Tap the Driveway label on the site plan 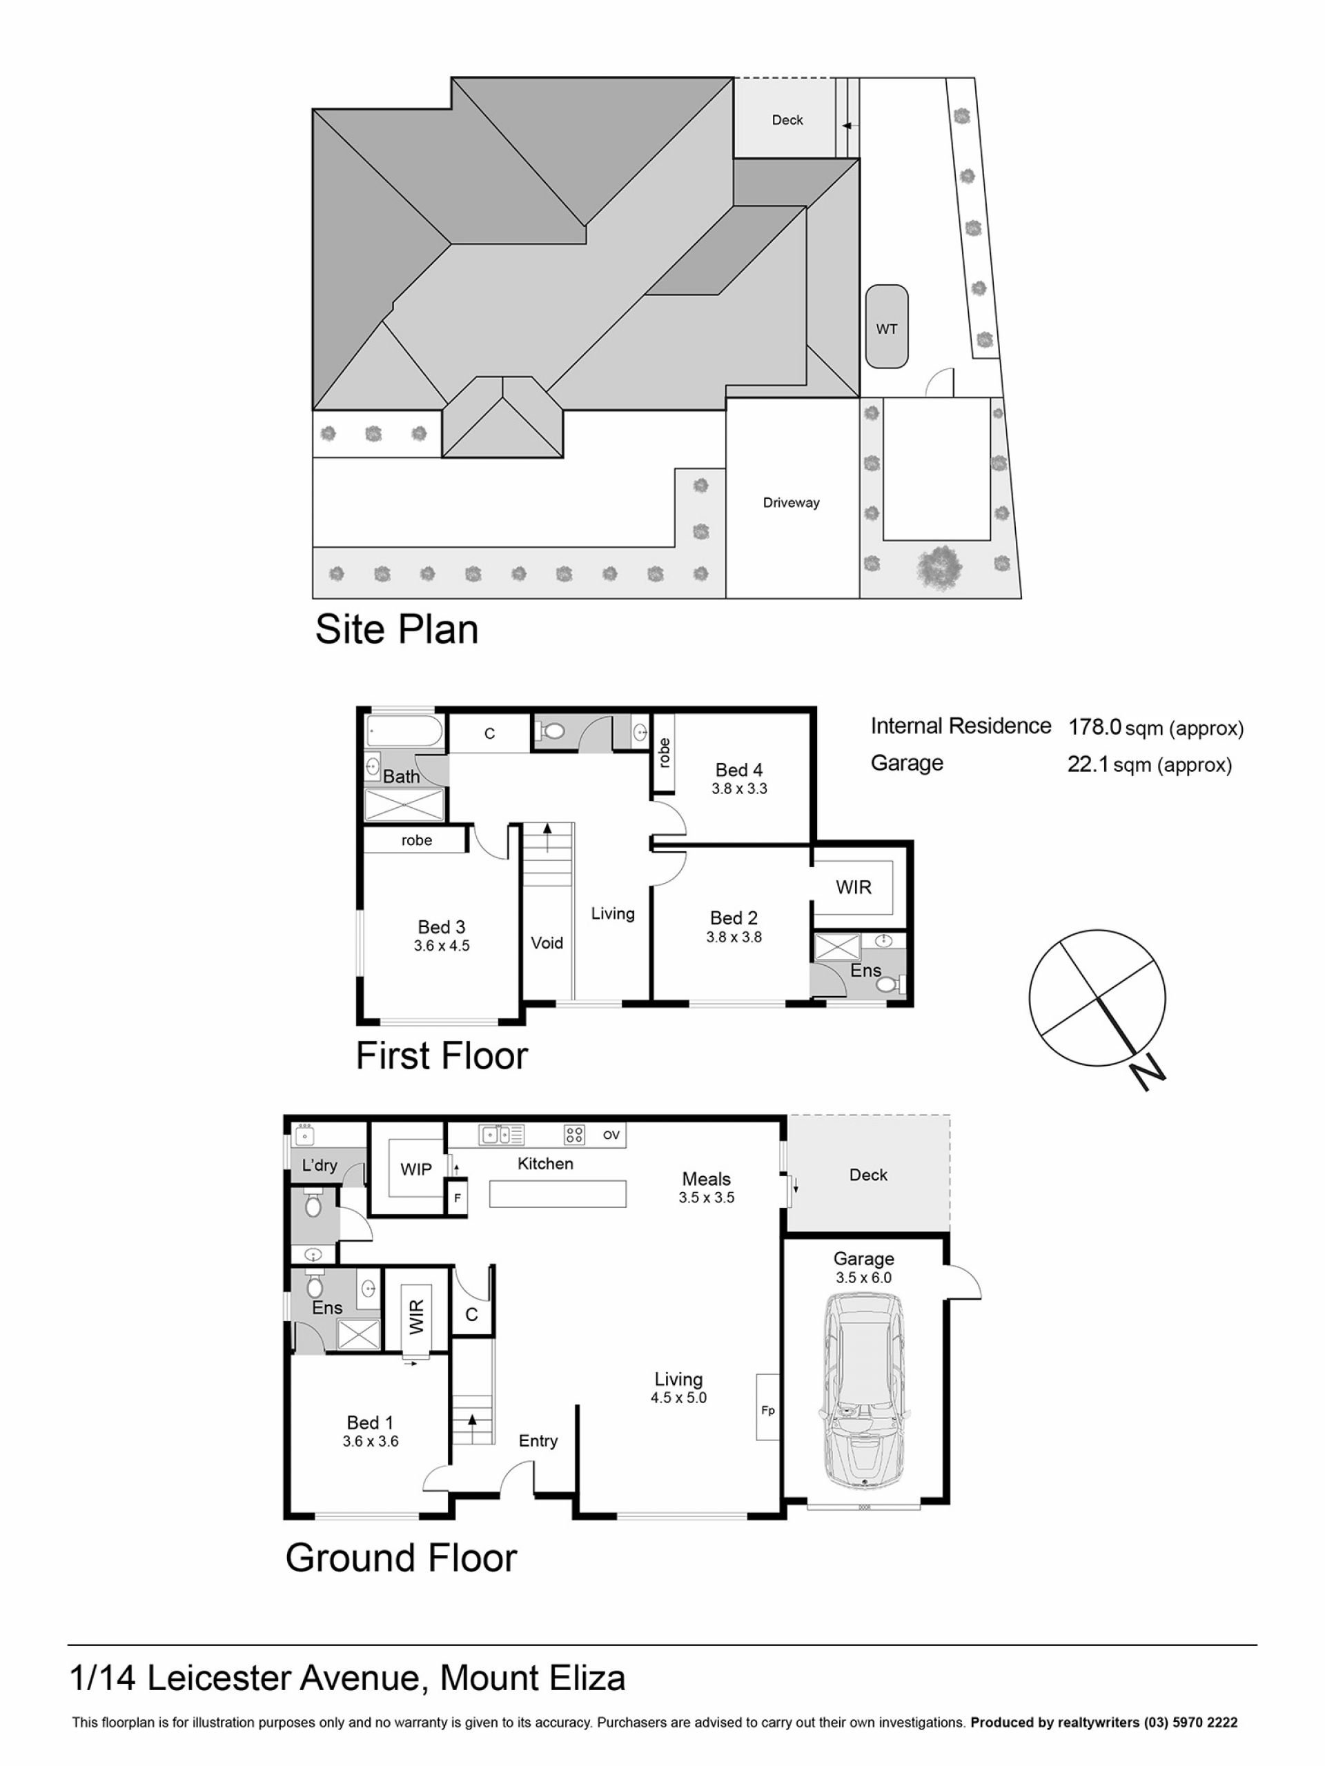point(791,503)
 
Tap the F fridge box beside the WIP point(457,1198)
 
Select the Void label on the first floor point(547,943)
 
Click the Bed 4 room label point(739,770)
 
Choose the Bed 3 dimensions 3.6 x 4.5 point(442,946)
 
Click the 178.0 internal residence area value point(1095,727)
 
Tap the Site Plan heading point(397,629)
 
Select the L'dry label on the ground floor point(320,1166)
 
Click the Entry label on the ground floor point(538,1440)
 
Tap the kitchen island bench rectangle point(558,1193)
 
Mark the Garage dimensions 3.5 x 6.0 point(863,1278)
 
